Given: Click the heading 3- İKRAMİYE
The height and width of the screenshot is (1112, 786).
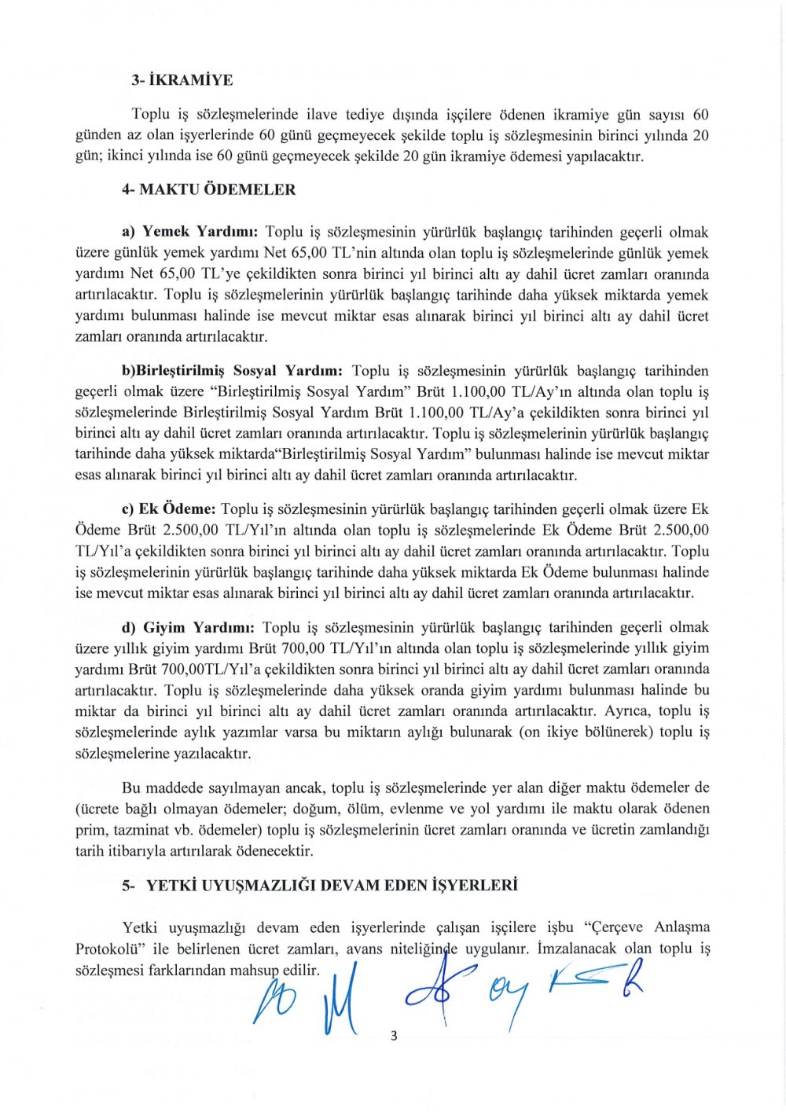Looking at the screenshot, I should pyautogui.click(x=182, y=80).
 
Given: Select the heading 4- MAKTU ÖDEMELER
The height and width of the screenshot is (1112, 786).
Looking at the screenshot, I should pyautogui.click(x=209, y=189).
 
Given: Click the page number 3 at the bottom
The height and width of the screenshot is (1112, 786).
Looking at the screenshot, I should pyautogui.click(x=394, y=1036).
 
